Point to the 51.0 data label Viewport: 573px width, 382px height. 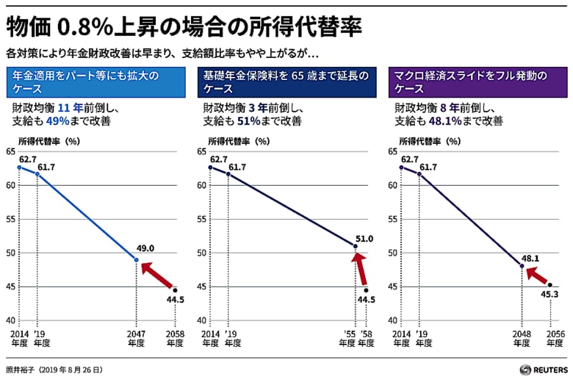coord(364,239)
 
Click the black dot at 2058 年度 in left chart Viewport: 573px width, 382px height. coord(175,290)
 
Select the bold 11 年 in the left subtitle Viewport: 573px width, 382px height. coord(66,107)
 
